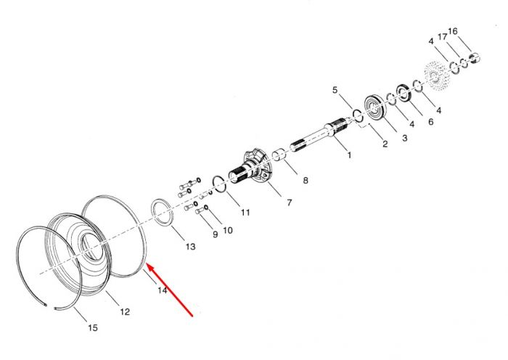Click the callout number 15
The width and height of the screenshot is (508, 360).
coord(93,327)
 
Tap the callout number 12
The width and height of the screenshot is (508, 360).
coord(125,311)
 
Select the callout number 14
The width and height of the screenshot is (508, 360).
coord(163,290)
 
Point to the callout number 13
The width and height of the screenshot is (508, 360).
coord(190,247)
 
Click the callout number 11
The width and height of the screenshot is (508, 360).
coord(245,212)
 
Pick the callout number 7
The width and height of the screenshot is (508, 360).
coord(290,202)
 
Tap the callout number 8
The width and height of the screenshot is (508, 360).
coord(306,181)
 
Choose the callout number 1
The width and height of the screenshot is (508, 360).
coord(349,155)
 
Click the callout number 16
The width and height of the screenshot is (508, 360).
coord(453,31)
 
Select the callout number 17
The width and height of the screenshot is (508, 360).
coord(443,36)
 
